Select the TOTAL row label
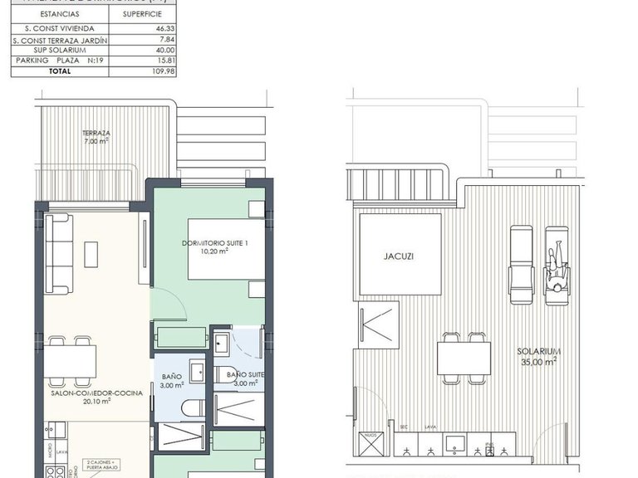point(60,71)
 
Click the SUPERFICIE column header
point(142,14)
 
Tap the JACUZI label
point(399,256)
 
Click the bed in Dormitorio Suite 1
point(224,249)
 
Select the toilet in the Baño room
point(193,407)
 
